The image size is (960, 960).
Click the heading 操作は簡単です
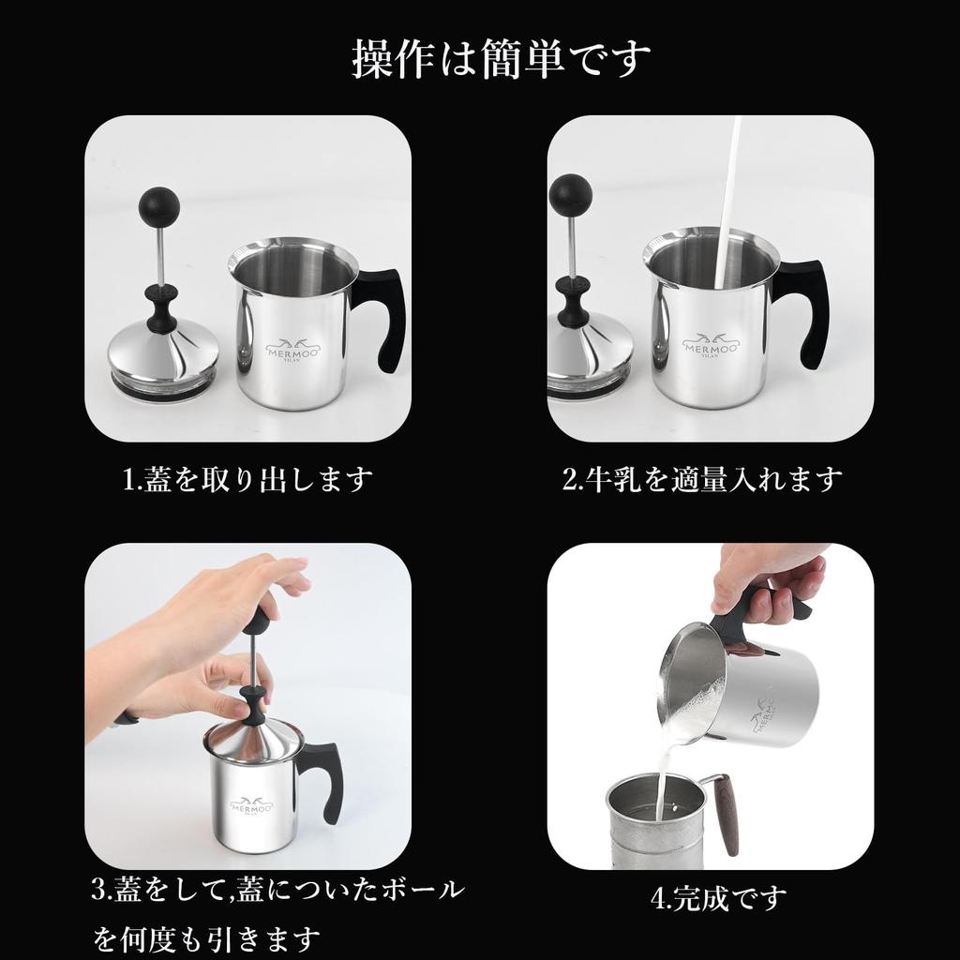tap(502, 59)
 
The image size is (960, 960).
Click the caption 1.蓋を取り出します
tap(248, 479)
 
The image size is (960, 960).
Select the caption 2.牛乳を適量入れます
tap(702, 479)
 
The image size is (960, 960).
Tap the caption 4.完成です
tap(718, 898)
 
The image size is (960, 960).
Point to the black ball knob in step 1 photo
tap(158, 203)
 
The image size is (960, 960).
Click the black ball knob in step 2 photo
tap(570, 194)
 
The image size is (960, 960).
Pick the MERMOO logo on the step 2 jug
tap(711, 348)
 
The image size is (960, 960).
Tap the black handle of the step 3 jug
tap(323, 778)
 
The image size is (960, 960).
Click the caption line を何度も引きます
tap(207, 937)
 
